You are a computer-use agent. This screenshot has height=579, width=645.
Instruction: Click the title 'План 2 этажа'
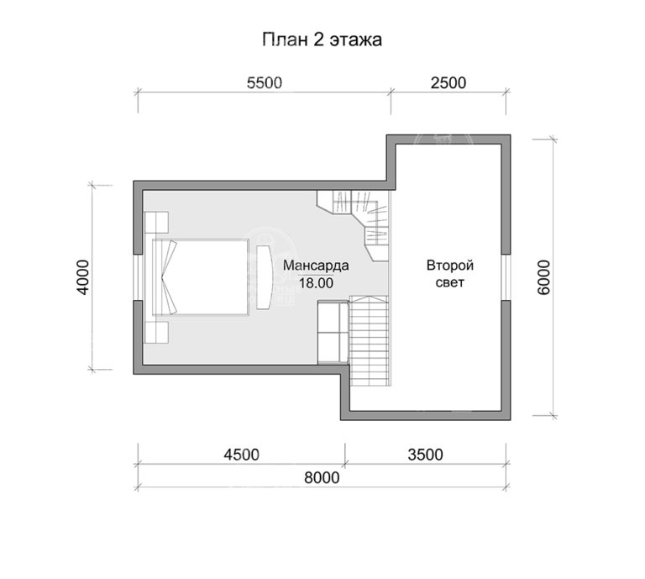[x=323, y=39]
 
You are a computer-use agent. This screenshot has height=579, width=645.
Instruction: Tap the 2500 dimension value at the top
[x=447, y=82]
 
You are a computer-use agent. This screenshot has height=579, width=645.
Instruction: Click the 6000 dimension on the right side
[x=543, y=276]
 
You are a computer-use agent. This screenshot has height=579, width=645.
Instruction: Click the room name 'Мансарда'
[x=316, y=266]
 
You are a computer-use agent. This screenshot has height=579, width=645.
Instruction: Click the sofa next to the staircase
[x=331, y=330]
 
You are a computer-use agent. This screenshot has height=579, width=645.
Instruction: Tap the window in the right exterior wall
[x=506, y=276]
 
